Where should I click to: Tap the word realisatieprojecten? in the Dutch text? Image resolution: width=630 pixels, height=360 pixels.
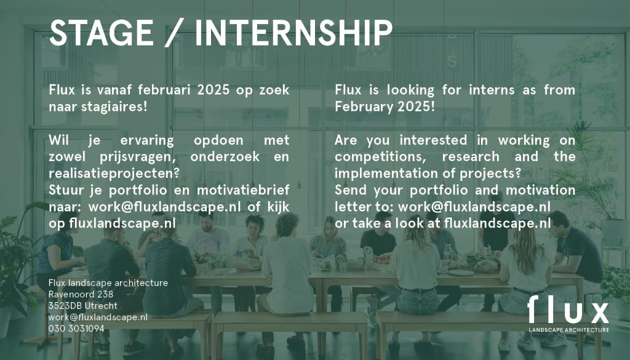(x=114, y=173)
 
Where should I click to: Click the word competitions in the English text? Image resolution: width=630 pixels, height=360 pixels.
(x=380, y=157)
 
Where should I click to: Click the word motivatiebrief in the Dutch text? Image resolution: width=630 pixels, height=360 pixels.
(x=242, y=190)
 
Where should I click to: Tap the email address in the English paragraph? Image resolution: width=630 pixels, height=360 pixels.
(x=474, y=207)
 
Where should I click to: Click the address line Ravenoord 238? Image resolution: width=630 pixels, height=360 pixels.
(x=81, y=294)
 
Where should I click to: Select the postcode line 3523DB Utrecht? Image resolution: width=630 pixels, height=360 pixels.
(x=83, y=306)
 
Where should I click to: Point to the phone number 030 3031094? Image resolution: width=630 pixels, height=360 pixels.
(x=76, y=329)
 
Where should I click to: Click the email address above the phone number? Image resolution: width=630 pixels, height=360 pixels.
(x=98, y=318)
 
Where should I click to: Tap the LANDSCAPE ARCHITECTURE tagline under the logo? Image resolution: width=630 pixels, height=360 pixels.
(x=568, y=330)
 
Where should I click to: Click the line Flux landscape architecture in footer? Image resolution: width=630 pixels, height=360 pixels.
(x=108, y=283)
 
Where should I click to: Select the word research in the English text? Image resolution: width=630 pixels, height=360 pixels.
(x=471, y=157)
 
